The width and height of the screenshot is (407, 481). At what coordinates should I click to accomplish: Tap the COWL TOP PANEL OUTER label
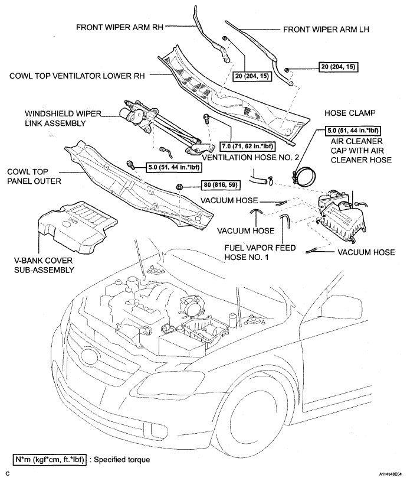(34, 175)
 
